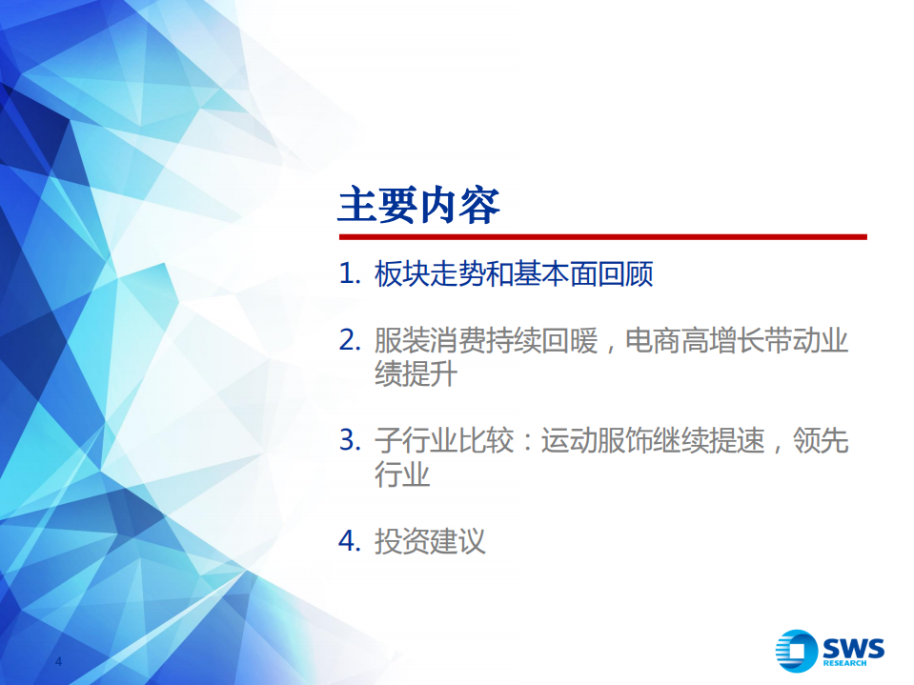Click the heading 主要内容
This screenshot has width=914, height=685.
pyautogui.click(x=418, y=206)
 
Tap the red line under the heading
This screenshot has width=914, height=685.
pyautogui.click(x=601, y=237)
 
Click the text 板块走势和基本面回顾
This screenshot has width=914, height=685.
pyautogui.click(x=514, y=275)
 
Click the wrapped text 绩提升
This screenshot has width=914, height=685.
pyautogui.click(x=416, y=374)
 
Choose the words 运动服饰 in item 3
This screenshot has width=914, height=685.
pyautogui.click(x=598, y=441)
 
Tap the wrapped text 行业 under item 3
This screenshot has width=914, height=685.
pyautogui.click(x=402, y=473)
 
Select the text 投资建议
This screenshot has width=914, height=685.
pyautogui.click(x=430, y=542)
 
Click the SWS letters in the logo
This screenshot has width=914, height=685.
pyautogui.click(x=853, y=647)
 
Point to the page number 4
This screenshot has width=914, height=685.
pyautogui.click(x=58, y=662)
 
